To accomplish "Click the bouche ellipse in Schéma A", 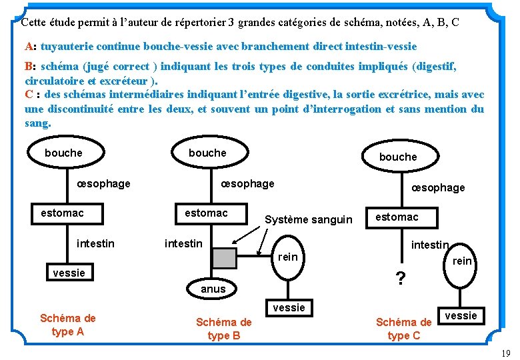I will (63, 153).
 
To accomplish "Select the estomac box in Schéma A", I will (62, 213).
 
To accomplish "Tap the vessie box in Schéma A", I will (69, 273).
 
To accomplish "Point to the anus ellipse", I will (213, 289).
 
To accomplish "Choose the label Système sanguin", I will (309, 219).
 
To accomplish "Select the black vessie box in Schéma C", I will (461, 315).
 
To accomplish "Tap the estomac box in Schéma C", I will (397, 217).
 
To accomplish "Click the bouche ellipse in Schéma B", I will (207, 153).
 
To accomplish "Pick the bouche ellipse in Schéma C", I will (398, 157).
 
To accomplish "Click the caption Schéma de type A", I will (67, 325).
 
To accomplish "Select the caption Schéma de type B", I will (224, 329).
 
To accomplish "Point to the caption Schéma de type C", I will (404, 329).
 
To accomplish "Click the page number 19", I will (505, 353).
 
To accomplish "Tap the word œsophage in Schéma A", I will (103, 183).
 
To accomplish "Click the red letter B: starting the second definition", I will (30, 66).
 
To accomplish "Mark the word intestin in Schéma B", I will (183, 243).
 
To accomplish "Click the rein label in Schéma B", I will (287, 257).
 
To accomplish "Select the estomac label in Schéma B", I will (206, 213).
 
